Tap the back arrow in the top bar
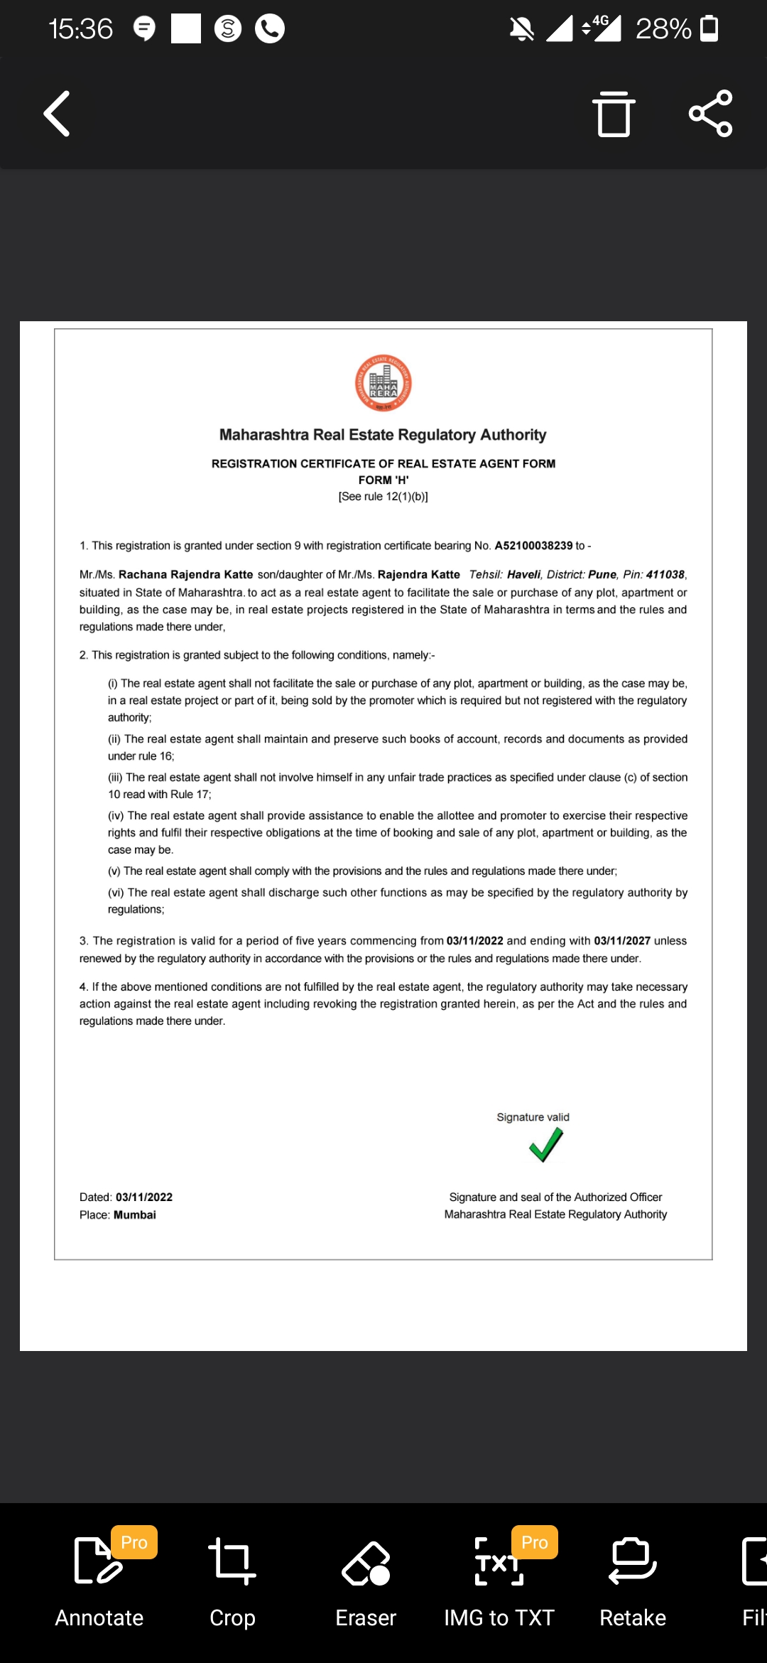57,114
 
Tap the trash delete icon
614,114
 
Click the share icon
710,114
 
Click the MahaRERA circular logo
383,383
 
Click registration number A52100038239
533,546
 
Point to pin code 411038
665,574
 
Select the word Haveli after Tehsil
523,574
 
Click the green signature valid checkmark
545,1145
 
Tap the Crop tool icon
232,1561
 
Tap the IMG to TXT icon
499,1562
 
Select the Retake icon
633,1561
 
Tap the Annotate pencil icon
98,1561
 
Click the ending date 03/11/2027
622,941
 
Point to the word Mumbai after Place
135,1215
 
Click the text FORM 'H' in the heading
383,480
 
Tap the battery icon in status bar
709,29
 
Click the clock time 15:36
80,29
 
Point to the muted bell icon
521,29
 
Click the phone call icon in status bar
270,29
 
